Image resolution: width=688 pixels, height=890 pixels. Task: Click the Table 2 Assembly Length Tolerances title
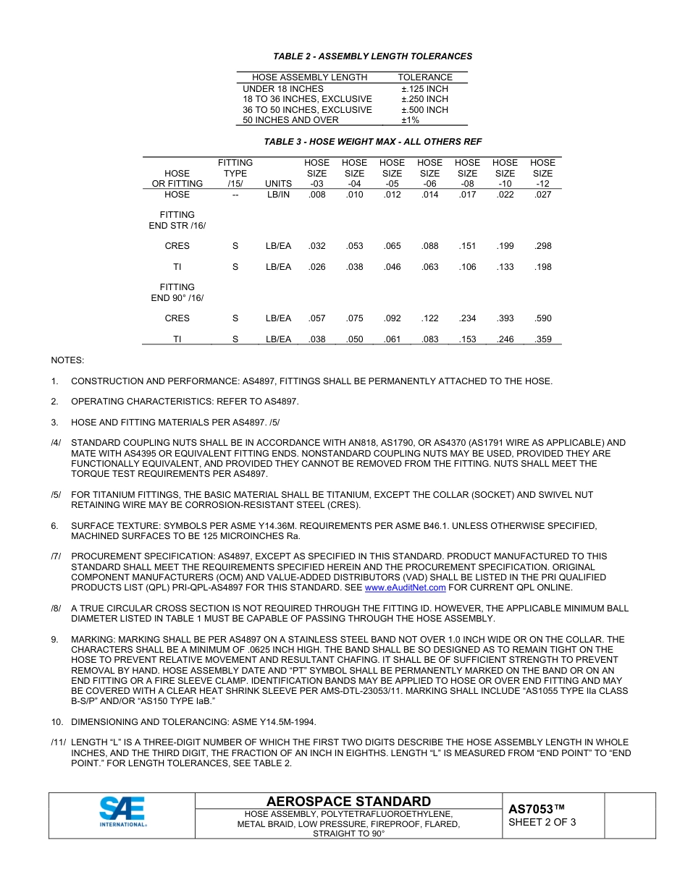(372, 56)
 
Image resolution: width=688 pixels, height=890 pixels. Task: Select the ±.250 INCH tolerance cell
(424, 99)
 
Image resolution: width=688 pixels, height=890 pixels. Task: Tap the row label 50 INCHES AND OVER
(290, 120)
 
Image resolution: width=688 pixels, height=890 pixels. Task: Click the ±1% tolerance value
(410, 120)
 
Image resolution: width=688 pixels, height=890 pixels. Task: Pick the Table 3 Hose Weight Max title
(372, 142)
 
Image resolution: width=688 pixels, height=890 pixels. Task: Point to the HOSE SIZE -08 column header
(467, 173)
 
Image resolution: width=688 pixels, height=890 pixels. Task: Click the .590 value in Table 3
(542, 318)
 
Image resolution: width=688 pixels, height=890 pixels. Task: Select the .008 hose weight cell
(316, 195)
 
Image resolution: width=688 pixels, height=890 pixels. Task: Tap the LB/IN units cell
(278, 195)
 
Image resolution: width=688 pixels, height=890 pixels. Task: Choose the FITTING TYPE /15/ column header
(235, 173)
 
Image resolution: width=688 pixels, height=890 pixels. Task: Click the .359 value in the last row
(542, 339)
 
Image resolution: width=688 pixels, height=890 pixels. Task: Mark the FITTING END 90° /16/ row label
(177, 292)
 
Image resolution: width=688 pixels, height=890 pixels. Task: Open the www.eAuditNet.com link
(405, 588)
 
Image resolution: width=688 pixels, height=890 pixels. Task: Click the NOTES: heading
(67, 360)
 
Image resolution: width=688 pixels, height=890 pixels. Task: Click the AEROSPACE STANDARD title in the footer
(348, 801)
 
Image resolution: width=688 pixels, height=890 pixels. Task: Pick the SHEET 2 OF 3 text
(542, 823)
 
